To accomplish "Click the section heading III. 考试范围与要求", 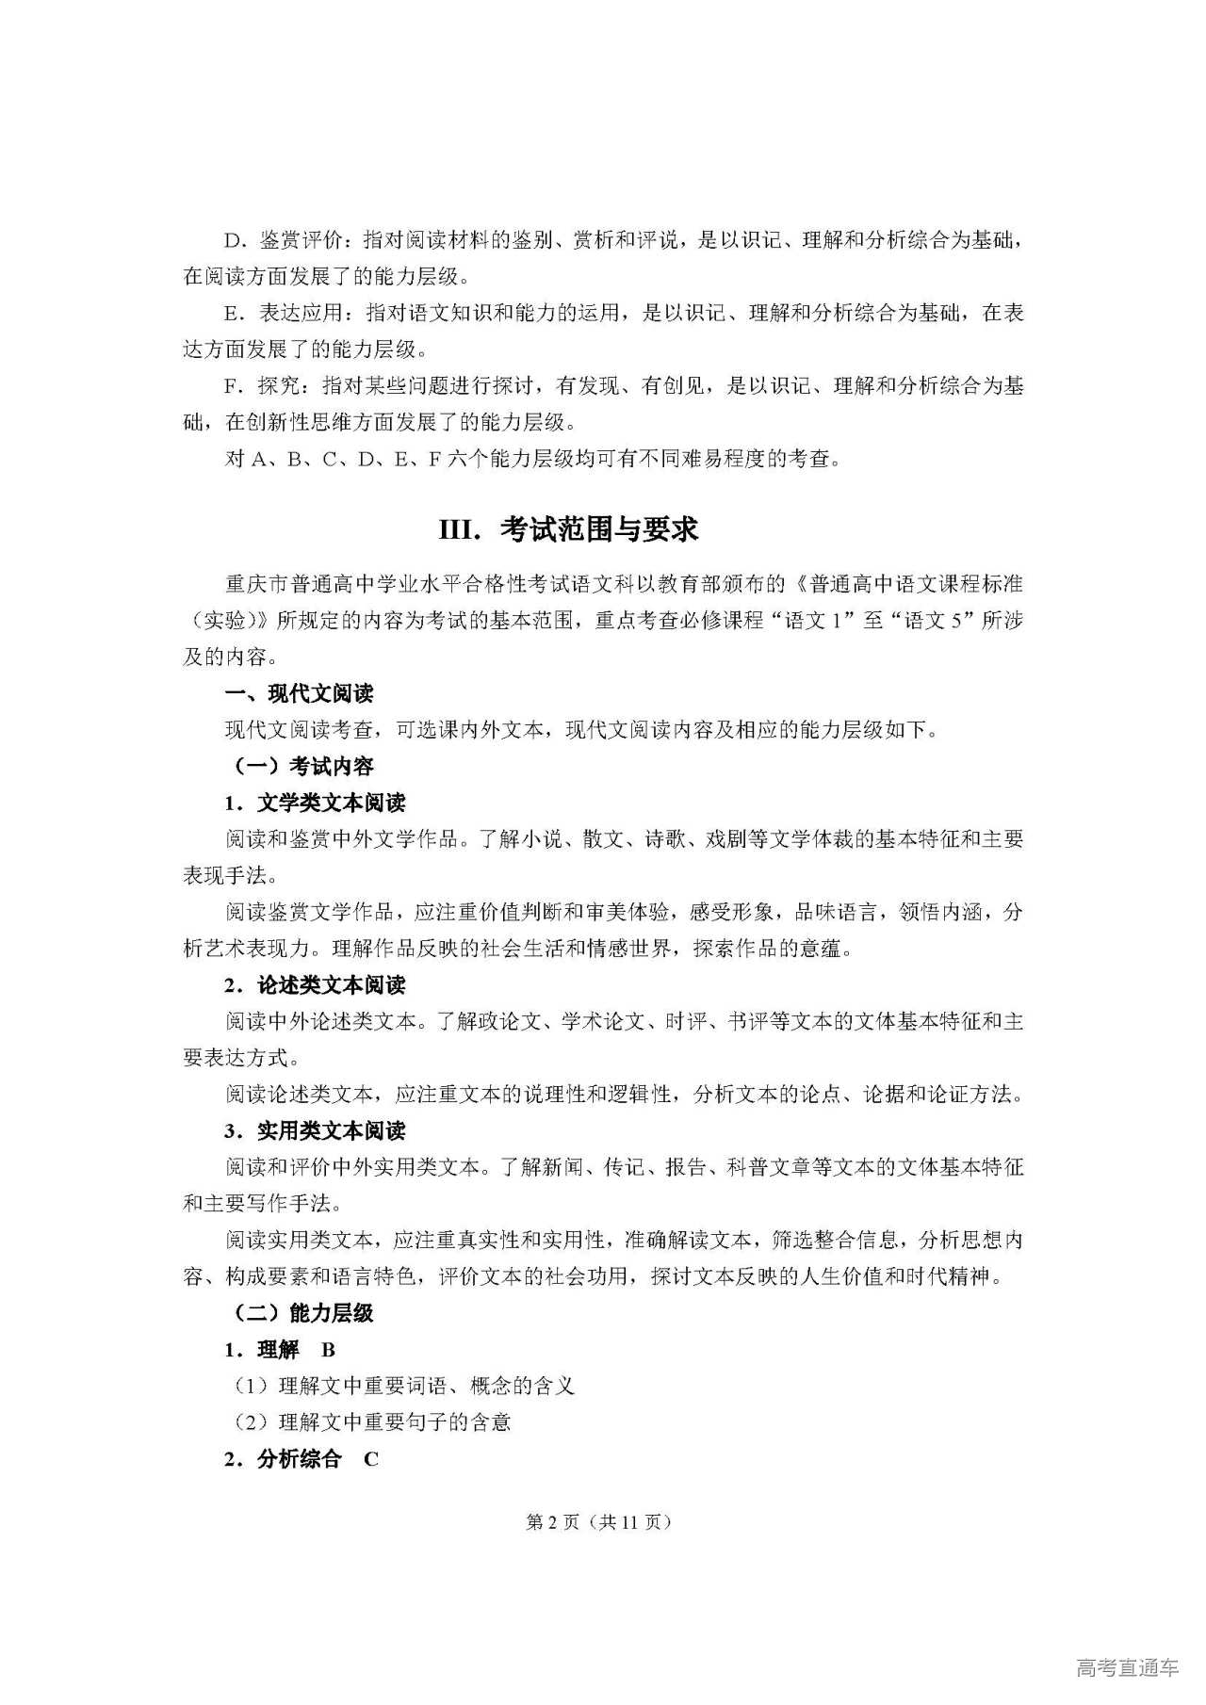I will click(x=568, y=529).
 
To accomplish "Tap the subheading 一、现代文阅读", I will click(x=299, y=694).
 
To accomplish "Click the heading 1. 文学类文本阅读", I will click(x=315, y=803).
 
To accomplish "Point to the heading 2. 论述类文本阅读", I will click(x=315, y=985).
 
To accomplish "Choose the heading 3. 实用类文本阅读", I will click(x=315, y=1130).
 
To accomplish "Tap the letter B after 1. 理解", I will click(x=328, y=1350).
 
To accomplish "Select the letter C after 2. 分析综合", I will click(x=371, y=1459).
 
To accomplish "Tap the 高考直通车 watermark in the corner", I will click(x=1127, y=1668).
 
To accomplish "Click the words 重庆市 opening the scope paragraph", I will click(x=255, y=584).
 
